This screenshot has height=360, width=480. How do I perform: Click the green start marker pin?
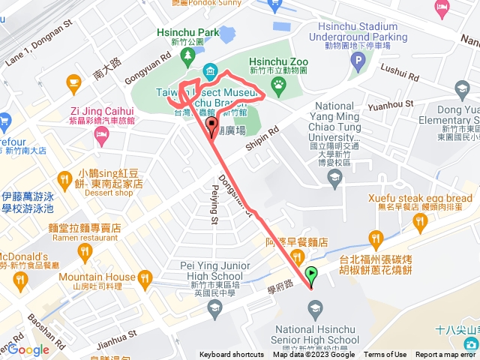coord(312,275)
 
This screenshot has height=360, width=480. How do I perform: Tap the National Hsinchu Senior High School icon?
coord(316,307)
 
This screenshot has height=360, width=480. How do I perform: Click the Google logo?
coord(28,349)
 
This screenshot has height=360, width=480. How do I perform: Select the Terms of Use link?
coord(385,355)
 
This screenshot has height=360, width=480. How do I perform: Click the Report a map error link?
coord(445,355)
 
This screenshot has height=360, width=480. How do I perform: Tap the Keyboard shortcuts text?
coord(232,355)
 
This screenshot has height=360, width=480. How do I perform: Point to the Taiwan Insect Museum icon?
coord(209,73)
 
